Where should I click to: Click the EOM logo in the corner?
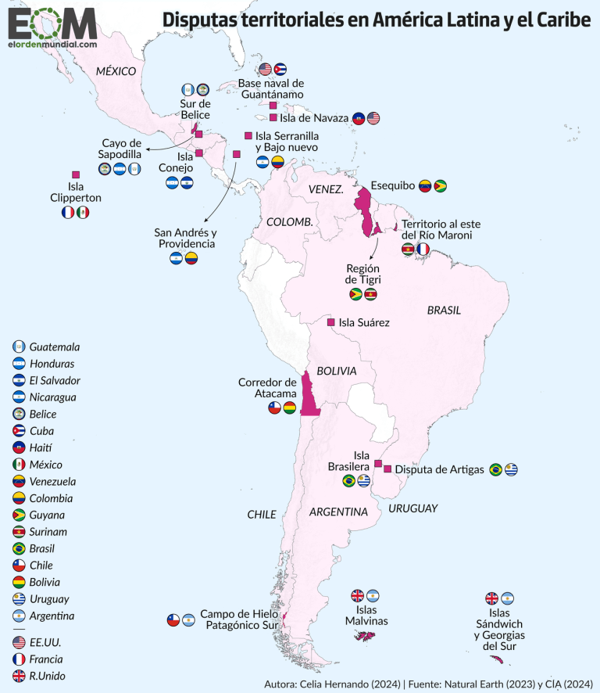(52, 29)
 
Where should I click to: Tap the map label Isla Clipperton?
(75, 192)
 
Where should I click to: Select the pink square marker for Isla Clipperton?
(76, 174)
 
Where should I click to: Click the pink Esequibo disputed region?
(364, 209)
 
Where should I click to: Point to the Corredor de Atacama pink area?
(308, 394)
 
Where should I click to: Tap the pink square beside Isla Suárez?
(331, 322)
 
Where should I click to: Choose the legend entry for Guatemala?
(55, 346)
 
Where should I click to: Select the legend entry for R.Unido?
(48, 676)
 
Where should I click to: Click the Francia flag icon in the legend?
(19, 659)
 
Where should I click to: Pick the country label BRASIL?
(444, 311)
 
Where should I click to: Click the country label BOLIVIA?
(336, 371)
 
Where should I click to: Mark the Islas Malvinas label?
(366, 616)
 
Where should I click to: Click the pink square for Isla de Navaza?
(273, 118)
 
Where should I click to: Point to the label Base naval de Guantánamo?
(271, 88)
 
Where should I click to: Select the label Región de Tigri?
(362, 274)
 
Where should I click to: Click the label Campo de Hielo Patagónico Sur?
(240, 619)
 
